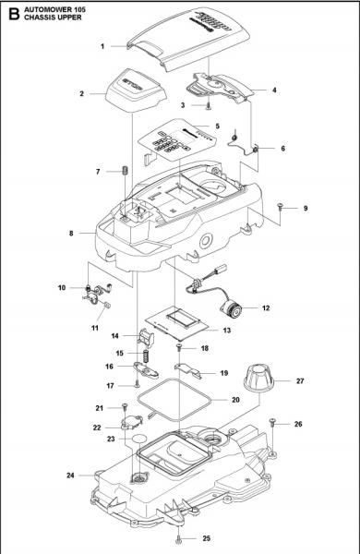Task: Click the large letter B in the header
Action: [x=12, y=12]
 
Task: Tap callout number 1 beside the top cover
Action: [x=102, y=44]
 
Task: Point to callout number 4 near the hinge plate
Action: [x=274, y=90]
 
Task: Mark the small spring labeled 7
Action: [x=122, y=172]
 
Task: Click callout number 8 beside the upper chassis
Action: [x=71, y=234]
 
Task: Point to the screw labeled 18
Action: [x=179, y=348]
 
